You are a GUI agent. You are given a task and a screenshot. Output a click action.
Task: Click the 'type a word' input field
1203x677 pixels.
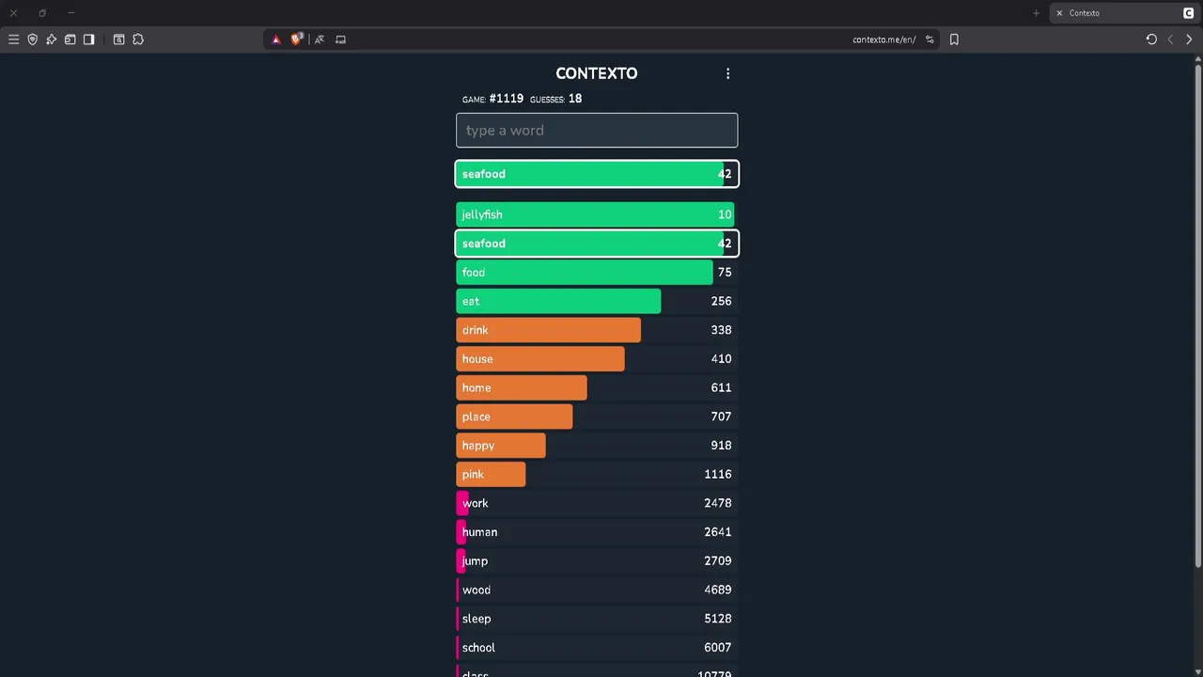coord(597,131)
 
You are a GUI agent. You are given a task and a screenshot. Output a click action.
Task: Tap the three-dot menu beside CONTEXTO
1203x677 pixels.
coord(727,73)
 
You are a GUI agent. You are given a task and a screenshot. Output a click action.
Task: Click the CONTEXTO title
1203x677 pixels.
coord(596,73)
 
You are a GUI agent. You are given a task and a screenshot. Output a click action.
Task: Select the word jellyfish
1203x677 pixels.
coord(482,214)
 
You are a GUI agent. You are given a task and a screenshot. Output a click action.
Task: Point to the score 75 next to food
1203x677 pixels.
coord(724,272)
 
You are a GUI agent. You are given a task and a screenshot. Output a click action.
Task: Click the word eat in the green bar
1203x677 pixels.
coord(471,301)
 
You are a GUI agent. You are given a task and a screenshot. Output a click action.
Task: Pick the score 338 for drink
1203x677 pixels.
coord(721,330)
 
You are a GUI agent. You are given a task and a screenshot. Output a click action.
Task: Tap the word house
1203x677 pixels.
coord(477,358)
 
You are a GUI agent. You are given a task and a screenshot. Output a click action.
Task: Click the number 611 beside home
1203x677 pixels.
coord(721,387)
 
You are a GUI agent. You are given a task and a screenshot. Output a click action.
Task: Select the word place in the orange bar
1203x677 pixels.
coord(477,417)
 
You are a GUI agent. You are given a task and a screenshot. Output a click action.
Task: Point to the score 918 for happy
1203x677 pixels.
coord(721,446)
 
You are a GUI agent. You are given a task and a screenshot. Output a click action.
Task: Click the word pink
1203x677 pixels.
coord(473,474)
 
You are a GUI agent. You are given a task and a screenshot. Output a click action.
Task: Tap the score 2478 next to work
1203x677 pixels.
coord(717,503)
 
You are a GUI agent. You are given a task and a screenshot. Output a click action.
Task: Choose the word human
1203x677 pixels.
coord(479,532)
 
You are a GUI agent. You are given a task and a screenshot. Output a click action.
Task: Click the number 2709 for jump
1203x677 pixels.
coord(717,560)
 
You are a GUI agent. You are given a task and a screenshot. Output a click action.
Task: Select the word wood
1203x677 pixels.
coord(477,590)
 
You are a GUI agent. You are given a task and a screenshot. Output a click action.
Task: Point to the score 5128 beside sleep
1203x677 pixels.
coord(717,619)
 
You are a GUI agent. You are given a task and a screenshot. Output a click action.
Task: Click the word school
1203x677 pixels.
coord(478,647)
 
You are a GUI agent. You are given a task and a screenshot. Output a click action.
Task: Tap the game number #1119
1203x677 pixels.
coord(506,99)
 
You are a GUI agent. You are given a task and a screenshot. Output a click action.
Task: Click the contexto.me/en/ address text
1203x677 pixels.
coord(883,39)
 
